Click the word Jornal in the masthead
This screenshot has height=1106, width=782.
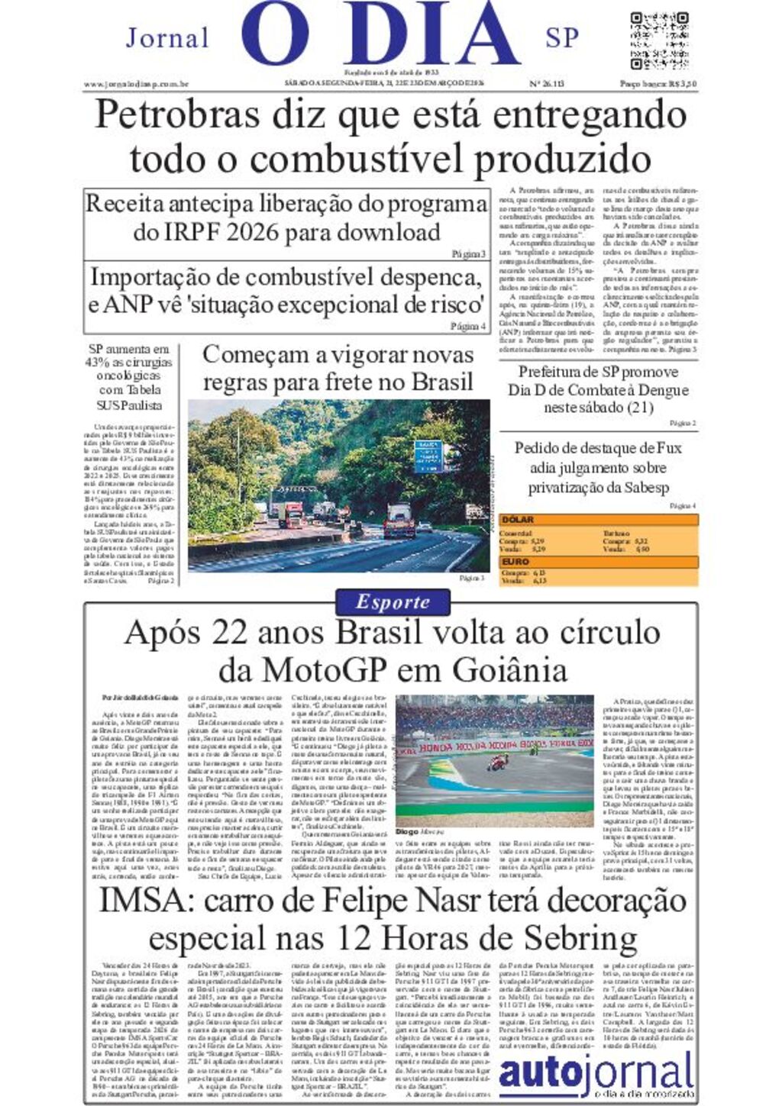click(167, 37)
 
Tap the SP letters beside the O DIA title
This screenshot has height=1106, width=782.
click(562, 37)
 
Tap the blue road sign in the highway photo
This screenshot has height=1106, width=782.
click(428, 456)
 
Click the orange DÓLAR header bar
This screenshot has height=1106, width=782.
click(598, 520)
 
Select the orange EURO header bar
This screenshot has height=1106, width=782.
click(598, 561)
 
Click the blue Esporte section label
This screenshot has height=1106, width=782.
click(393, 602)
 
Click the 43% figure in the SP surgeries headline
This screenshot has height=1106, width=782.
click(99, 363)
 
